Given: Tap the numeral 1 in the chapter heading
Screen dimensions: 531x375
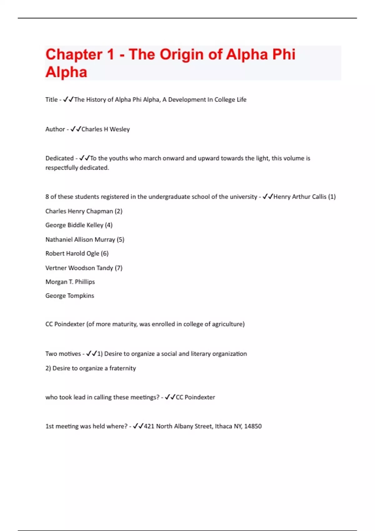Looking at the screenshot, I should point(110,55).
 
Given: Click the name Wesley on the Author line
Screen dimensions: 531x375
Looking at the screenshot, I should point(119,129).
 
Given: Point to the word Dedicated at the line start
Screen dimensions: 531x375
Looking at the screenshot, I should point(59,158).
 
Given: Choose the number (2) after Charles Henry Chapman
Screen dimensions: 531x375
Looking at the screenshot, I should point(118,211).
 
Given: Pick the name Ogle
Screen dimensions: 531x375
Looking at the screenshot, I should point(93,254).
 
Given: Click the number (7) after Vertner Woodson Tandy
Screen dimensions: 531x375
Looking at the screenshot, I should point(118,268).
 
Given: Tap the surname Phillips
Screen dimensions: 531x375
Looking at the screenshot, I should point(85,282).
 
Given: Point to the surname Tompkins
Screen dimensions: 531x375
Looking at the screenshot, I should point(81,296).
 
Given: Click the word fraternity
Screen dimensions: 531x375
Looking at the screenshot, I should point(122,368).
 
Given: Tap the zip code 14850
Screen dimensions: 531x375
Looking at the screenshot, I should point(253,426).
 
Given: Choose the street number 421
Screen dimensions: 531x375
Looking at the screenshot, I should point(149,426).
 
